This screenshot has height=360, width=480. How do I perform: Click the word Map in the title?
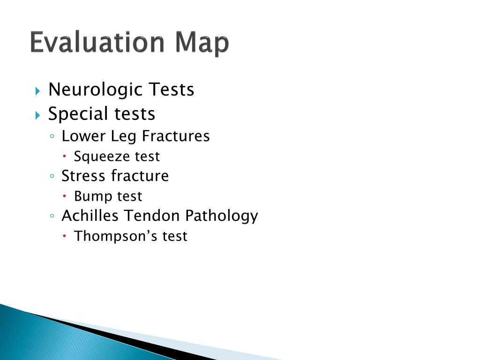(x=202, y=44)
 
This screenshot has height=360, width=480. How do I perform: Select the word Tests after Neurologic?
(x=171, y=89)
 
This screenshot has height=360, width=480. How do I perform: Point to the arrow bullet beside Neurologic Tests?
(x=38, y=90)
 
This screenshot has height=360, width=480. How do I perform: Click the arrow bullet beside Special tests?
(x=38, y=114)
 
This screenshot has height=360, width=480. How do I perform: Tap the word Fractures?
(x=176, y=136)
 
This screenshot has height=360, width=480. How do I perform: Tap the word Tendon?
(x=153, y=216)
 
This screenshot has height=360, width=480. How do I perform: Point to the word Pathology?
(x=222, y=217)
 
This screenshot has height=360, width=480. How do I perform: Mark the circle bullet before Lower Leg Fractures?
(x=52, y=137)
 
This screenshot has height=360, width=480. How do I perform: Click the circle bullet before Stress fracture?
(x=52, y=177)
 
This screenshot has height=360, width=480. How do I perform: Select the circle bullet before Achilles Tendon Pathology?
(x=52, y=217)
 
